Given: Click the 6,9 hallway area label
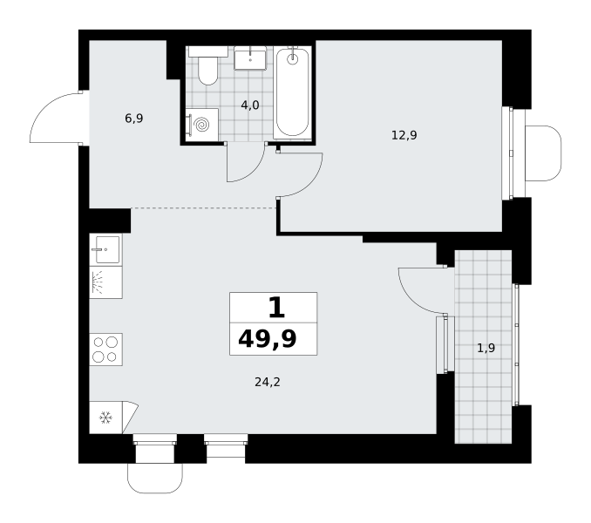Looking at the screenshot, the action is pos(134,119).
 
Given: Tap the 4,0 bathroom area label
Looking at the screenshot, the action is pos(250,105).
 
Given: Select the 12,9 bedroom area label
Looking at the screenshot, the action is pos(404,135).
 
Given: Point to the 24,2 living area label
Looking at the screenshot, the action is pos(268,383).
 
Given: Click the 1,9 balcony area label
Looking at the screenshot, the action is pos(486,348).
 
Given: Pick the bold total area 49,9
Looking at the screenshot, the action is pos(268,339).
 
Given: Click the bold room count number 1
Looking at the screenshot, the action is pos(276,308).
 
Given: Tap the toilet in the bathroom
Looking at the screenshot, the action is pos(208,65).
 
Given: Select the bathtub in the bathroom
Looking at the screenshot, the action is pos(293,93).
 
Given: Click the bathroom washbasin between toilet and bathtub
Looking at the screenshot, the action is pos(250,58).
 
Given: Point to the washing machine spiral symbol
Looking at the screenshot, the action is pos(202,125).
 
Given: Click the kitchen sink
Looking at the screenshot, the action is pos(106,249).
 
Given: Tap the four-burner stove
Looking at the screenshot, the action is pos(106,350).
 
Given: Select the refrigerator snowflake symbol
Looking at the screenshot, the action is pos(105,418).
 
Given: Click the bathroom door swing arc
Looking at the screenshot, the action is pos(254,171).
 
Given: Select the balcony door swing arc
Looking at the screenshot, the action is pos(412,300).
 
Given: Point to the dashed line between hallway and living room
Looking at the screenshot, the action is pos(203,208).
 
